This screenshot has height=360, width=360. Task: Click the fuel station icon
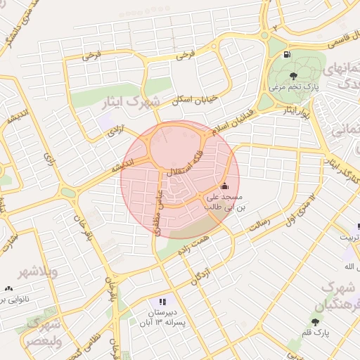pyautogui.click(x=286, y=55)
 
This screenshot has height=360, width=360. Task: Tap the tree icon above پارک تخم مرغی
pyautogui.click(x=292, y=75)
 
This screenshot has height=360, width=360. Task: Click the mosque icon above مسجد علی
pyautogui.click(x=224, y=186)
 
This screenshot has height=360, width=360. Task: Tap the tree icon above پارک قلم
pyautogui.click(x=314, y=322)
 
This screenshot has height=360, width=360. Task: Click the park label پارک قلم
pyautogui.click(x=319, y=333)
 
